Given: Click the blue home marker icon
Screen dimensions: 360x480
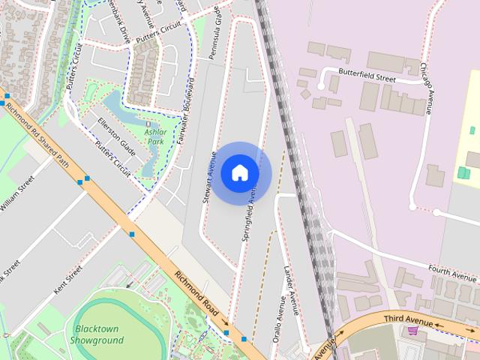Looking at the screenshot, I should (240, 173).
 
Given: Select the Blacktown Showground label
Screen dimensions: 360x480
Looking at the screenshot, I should (97, 334).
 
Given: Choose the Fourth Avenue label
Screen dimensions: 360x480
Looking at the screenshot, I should (453, 268).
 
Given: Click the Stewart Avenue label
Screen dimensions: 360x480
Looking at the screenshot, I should (210, 177).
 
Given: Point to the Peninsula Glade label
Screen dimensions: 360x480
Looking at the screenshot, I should (215, 35).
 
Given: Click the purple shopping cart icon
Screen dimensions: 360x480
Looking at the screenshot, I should (412, 331).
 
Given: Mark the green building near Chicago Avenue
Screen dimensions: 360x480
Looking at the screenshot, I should (463, 173).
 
